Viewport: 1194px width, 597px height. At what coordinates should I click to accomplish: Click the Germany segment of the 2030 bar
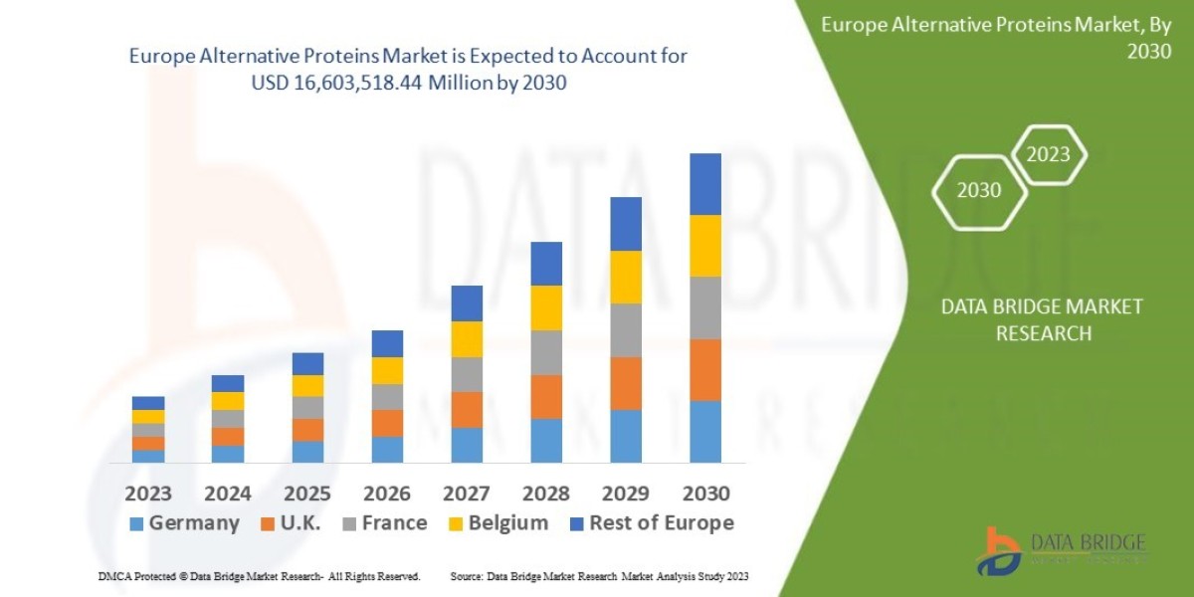(705, 432)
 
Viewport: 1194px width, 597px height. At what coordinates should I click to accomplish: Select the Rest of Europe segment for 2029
(626, 224)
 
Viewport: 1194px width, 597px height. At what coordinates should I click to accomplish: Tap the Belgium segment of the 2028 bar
(546, 307)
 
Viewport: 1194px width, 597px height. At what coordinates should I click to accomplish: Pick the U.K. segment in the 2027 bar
(467, 410)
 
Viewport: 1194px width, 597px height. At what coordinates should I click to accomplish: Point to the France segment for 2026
(387, 397)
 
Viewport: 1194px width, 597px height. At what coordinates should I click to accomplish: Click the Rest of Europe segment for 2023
(148, 403)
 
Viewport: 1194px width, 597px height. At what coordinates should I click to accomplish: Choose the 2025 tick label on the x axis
(307, 494)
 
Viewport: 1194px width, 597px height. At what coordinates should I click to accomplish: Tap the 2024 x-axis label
(228, 494)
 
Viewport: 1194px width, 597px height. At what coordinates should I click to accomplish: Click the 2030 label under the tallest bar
(705, 494)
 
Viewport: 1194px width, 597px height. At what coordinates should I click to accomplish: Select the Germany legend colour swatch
(137, 523)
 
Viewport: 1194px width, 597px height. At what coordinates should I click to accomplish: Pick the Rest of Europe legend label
(652, 523)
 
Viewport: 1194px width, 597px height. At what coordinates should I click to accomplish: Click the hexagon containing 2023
(1048, 154)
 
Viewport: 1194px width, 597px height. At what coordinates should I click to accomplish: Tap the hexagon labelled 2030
(979, 190)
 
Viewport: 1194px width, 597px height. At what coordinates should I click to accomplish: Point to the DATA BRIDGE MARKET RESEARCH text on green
(1042, 319)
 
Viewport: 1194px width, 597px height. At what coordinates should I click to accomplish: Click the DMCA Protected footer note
(259, 576)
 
